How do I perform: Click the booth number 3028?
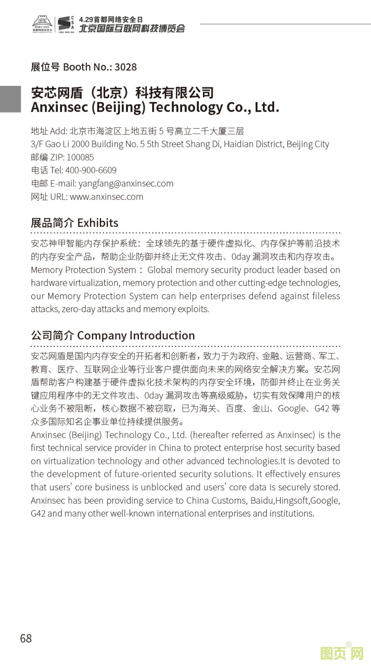[x=126, y=67]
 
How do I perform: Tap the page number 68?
[x=26, y=638]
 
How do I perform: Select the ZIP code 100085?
[x=80, y=157]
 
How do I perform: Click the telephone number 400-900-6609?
[x=91, y=170]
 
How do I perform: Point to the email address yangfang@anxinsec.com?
[x=126, y=184]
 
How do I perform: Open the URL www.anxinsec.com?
[x=106, y=197]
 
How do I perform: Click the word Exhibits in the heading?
[x=98, y=223]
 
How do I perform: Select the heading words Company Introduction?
[x=136, y=335]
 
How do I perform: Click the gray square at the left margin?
[x=10, y=99]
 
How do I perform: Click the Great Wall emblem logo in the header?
[x=43, y=25]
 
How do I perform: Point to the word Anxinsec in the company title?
[x=59, y=107]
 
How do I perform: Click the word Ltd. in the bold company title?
[x=267, y=107]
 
